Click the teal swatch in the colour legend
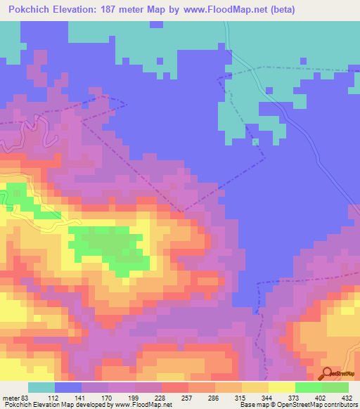[41, 388]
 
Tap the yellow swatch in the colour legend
[281, 388]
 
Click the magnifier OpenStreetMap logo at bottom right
[328, 373]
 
